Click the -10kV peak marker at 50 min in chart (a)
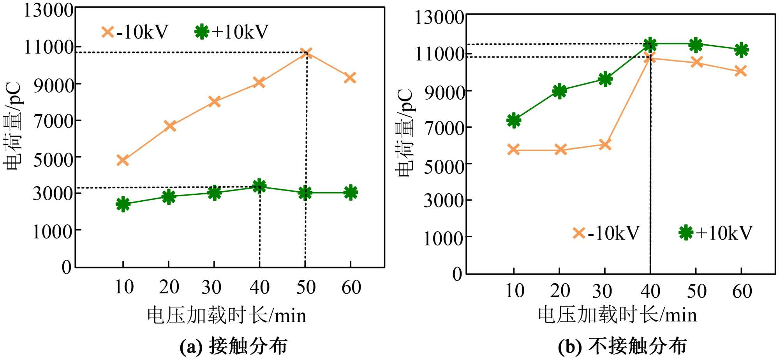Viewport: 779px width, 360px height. click(306, 53)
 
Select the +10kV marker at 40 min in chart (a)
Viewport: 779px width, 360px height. click(259, 186)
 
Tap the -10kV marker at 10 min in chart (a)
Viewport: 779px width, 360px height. click(123, 160)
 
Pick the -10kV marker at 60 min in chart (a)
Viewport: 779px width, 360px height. click(350, 78)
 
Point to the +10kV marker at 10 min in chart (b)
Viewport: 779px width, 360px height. click(514, 120)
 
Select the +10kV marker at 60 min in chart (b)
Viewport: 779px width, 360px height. click(741, 49)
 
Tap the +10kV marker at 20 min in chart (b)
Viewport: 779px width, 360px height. click(559, 91)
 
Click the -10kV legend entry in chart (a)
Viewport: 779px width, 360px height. click(134, 32)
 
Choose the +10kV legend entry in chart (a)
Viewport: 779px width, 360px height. click(232, 32)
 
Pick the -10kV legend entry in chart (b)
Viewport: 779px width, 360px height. click(606, 233)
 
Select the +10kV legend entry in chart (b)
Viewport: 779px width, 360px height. click(716, 233)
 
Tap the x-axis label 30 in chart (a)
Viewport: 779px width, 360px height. click(211, 288)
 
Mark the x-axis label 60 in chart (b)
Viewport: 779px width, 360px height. click(742, 291)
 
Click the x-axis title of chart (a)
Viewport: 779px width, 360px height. click(226, 315)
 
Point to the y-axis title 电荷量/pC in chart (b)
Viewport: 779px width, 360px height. click(404, 132)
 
